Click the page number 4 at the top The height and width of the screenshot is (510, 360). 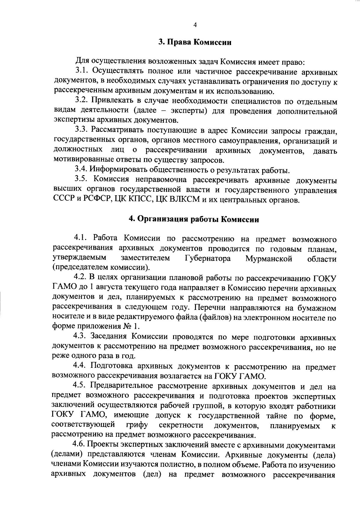click(x=195, y=25)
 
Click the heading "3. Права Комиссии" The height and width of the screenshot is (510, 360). click(x=195, y=42)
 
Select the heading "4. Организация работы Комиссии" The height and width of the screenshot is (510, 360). click(x=194, y=219)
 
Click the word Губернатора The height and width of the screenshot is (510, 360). click(x=208, y=259)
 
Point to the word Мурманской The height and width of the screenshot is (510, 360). click(x=268, y=259)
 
